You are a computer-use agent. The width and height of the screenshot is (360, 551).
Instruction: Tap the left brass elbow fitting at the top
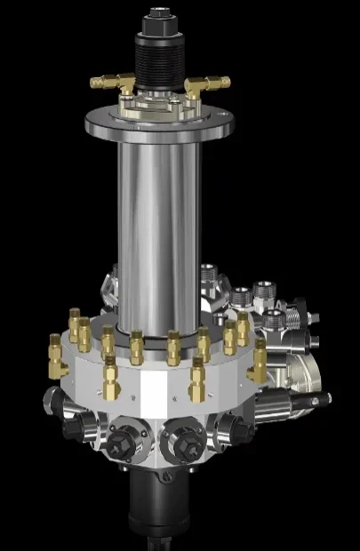pyautogui.click(x=112, y=83)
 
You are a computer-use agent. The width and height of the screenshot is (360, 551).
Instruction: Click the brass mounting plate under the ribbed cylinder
pyautogui.click(x=161, y=105)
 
